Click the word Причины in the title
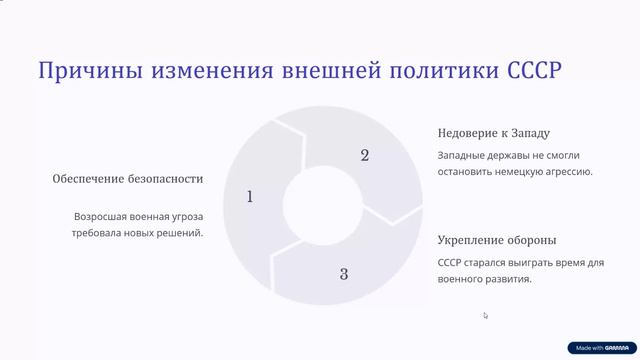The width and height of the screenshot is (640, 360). [85, 72]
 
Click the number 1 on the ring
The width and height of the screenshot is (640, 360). [250, 197]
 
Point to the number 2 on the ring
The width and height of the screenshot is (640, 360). [364, 155]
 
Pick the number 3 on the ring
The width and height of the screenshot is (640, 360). [343, 273]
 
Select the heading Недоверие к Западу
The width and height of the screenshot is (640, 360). [494, 133]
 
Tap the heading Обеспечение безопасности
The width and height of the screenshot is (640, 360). [128, 179]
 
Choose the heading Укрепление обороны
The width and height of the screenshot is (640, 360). [497, 241]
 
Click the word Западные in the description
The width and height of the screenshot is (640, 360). [465, 155]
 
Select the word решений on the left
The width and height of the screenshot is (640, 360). [177, 233]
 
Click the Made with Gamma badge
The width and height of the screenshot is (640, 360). [601, 348]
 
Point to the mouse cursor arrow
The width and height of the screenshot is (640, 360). [486, 316]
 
